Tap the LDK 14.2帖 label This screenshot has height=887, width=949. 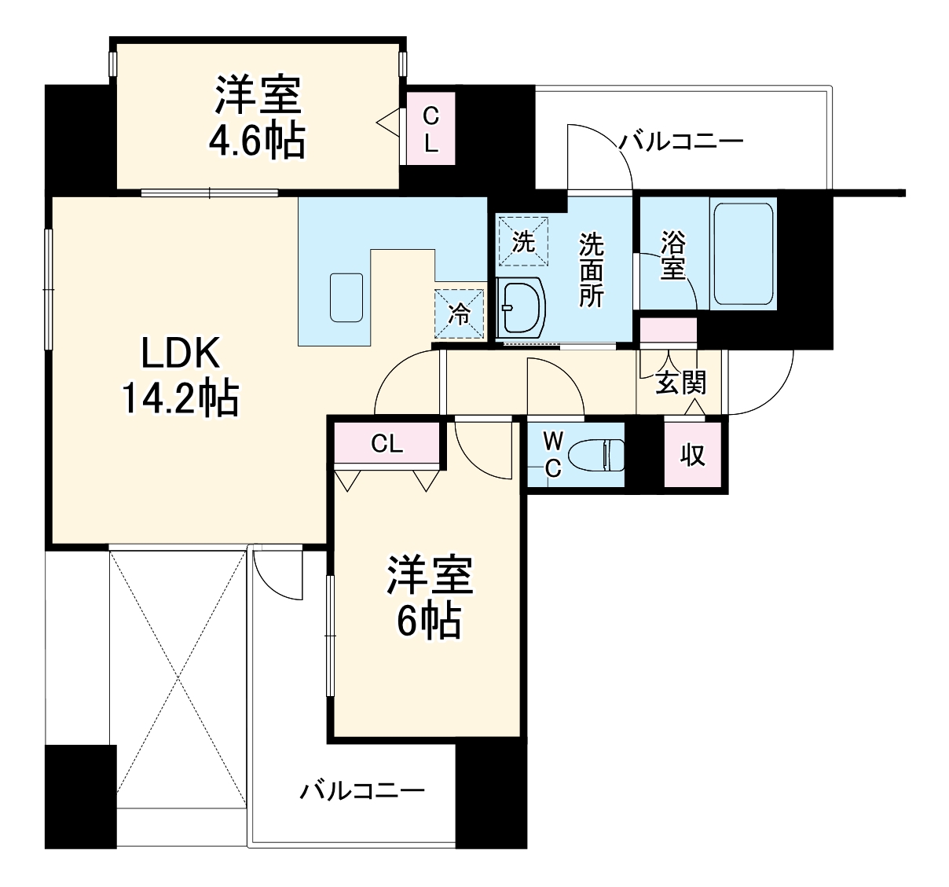(x=180, y=376)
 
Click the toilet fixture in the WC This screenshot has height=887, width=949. (x=596, y=454)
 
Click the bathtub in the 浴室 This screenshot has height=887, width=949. (x=743, y=253)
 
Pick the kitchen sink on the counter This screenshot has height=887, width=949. (x=346, y=297)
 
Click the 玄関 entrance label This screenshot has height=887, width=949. (x=680, y=383)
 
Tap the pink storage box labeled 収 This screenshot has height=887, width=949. (x=692, y=455)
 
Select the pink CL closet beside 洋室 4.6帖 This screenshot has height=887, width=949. (x=431, y=130)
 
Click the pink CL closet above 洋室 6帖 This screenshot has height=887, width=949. (x=387, y=444)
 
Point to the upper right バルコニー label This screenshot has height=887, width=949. (x=680, y=142)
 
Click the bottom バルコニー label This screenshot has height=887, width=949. (x=362, y=790)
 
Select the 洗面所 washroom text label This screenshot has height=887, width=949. (x=592, y=269)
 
